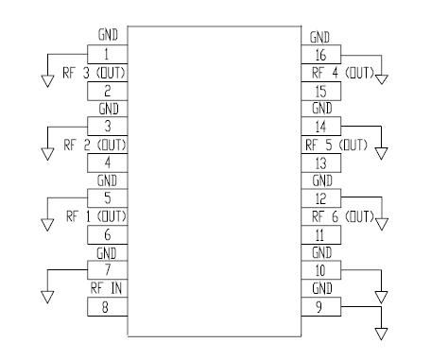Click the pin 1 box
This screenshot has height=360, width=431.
[x=107, y=55]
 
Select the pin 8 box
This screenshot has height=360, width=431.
[x=107, y=307]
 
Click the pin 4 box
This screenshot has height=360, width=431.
[x=107, y=163]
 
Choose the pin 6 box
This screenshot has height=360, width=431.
[x=107, y=235]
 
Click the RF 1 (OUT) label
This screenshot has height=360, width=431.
[x=95, y=217]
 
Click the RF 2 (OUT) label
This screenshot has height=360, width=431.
[x=95, y=145]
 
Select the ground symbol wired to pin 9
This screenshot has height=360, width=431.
[x=382, y=332]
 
